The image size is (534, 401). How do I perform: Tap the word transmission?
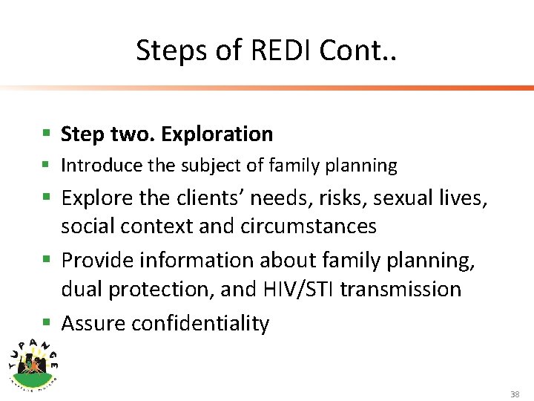(401, 289)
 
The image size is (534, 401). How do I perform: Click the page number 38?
(515, 394)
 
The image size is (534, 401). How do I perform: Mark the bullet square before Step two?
(46, 134)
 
